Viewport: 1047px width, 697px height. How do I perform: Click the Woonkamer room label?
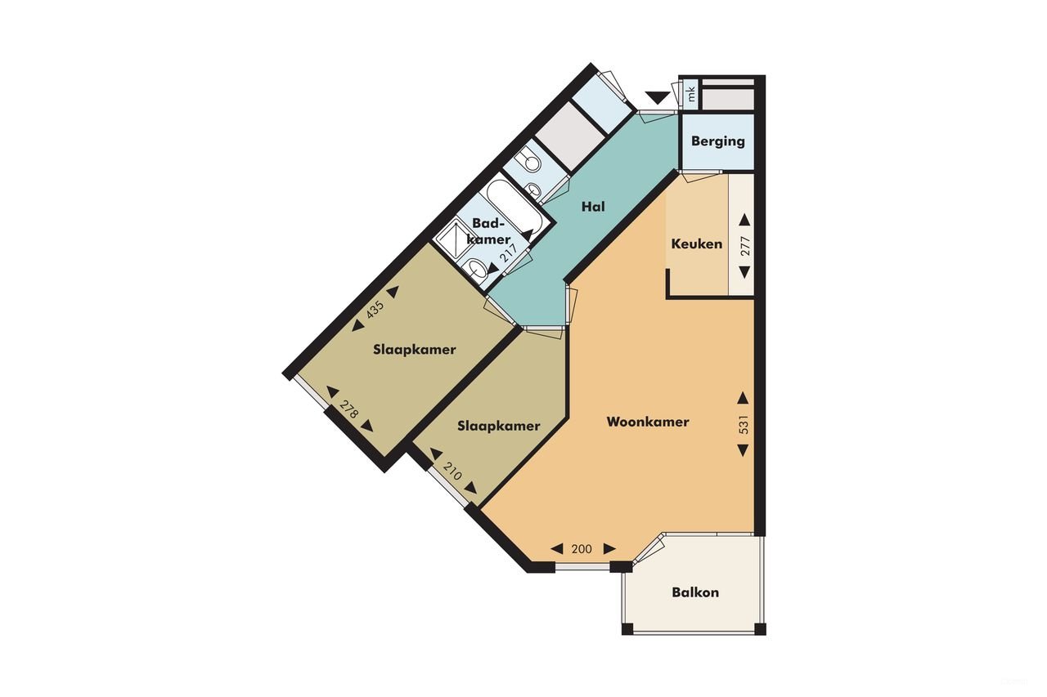click(x=648, y=422)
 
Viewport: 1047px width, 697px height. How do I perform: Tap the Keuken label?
click(x=696, y=244)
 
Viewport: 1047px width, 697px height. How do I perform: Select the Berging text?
click(x=717, y=141)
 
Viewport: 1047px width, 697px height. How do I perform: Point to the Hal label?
click(x=593, y=207)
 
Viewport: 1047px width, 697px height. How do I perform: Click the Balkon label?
click(x=695, y=592)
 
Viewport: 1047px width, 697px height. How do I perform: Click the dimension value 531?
click(x=744, y=424)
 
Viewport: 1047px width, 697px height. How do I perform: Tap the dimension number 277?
click(x=744, y=246)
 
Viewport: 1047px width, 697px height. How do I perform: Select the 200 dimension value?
click(x=582, y=549)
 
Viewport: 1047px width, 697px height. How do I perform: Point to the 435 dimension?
click(x=375, y=310)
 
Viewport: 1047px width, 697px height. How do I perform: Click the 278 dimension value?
click(x=349, y=409)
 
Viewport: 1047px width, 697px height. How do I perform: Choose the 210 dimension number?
click(x=452, y=471)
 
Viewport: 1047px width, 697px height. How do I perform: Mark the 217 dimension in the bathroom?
click(x=510, y=252)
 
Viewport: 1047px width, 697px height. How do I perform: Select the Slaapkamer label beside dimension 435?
click(x=414, y=350)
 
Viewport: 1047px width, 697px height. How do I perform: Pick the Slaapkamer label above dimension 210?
click(x=498, y=426)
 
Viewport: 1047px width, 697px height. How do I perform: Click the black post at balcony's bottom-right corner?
click(x=760, y=628)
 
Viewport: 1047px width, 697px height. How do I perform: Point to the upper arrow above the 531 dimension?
click(x=743, y=398)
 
